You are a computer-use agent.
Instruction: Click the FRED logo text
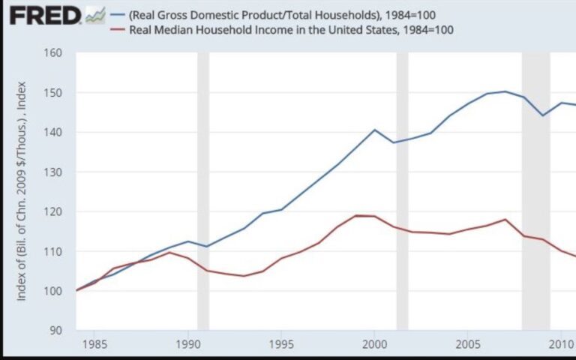[x=44, y=15]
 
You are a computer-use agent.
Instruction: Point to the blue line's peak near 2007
[x=505, y=91]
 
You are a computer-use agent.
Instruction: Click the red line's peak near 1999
[x=357, y=216]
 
